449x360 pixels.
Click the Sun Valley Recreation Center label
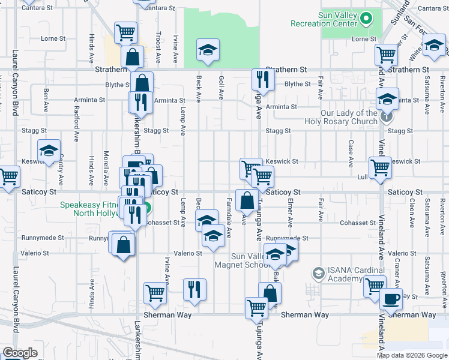[x=324, y=19]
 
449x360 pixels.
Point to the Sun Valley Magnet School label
[x=241, y=260]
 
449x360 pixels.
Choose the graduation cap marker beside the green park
[x=208, y=50]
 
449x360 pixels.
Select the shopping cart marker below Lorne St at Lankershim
[x=125, y=32]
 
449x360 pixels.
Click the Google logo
[x=20, y=353]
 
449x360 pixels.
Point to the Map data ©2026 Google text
[x=412, y=355]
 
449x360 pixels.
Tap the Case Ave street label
[x=350, y=154]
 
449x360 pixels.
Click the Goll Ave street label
[x=221, y=88]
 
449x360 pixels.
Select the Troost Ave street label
[x=158, y=47]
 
